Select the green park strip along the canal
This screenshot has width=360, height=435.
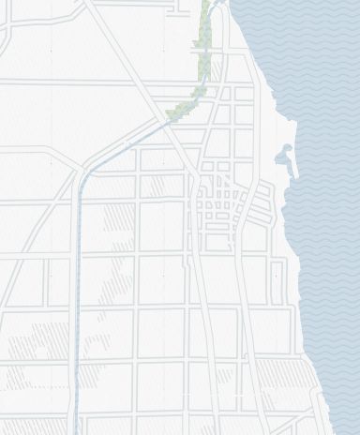coord(201,66)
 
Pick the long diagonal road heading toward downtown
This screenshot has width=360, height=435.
coord(141,84)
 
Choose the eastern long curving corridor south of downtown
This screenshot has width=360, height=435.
coord(248,319)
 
